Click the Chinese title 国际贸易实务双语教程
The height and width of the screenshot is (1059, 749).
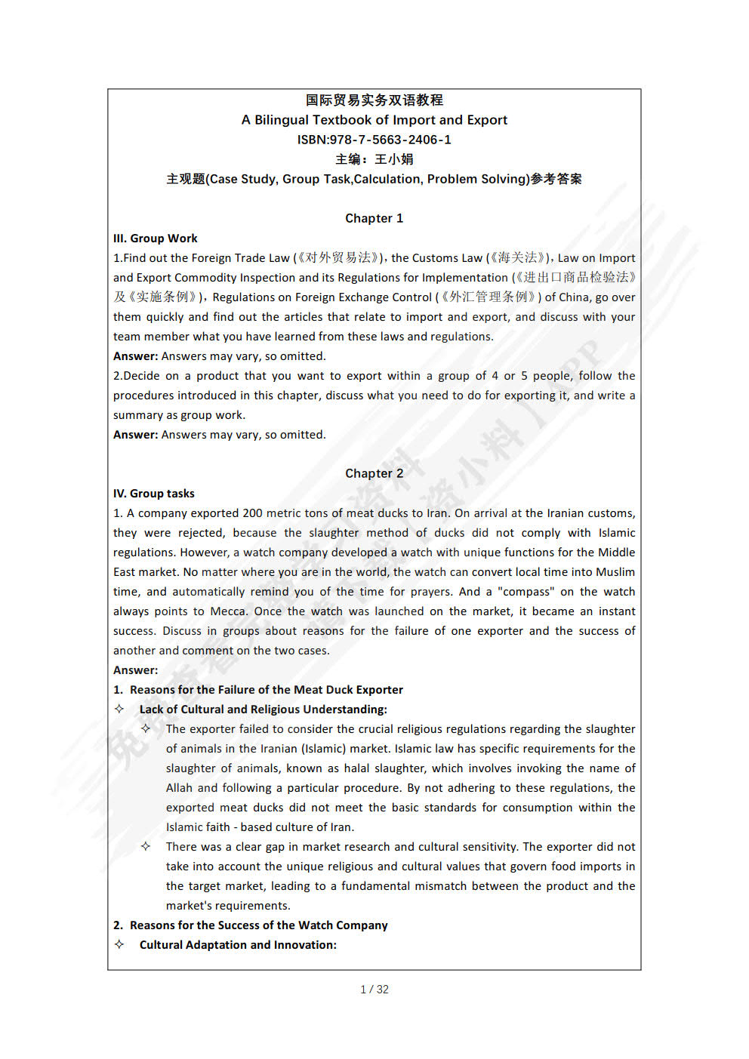pyautogui.click(x=374, y=100)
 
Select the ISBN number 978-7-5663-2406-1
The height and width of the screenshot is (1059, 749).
pyautogui.click(x=390, y=140)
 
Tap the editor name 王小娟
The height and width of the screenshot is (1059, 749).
pyautogui.click(x=394, y=159)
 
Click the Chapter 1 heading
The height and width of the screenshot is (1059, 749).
pyautogui.click(x=374, y=218)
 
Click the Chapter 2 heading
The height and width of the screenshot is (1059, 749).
pyautogui.click(x=374, y=473)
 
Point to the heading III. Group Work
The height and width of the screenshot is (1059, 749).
pyautogui.click(x=155, y=239)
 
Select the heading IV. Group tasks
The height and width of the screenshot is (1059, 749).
pyautogui.click(x=153, y=494)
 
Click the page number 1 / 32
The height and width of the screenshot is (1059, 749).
pyautogui.click(x=374, y=990)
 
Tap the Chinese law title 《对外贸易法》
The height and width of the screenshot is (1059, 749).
pyautogui.click(x=338, y=258)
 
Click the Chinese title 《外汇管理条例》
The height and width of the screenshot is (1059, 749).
pyautogui.click(x=489, y=297)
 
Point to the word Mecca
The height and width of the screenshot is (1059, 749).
pyautogui.click(x=227, y=611)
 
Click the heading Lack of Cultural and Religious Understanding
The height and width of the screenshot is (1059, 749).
pyautogui.click(x=263, y=710)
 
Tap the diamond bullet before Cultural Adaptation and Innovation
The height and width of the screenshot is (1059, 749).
pyautogui.click(x=119, y=944)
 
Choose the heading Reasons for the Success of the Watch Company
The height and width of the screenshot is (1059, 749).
pyautogui.click(x=258, y=925)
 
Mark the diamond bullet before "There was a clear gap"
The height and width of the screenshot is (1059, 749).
pyautogui.click(x=146, y=846)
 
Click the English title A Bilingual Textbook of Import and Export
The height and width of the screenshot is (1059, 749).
pyautogui.click(x=374, y=120)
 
